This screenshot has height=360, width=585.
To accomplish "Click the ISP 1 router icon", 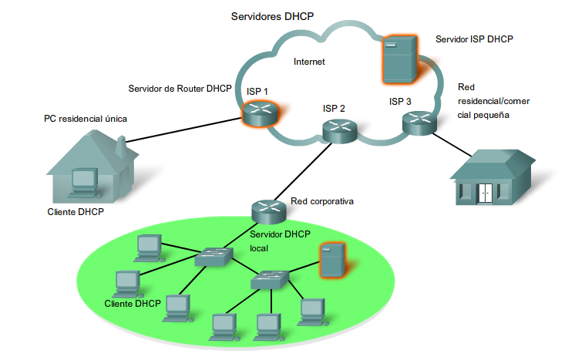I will [257, 113].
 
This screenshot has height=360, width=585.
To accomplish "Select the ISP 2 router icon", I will [339, 130].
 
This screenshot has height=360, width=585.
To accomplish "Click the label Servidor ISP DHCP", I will [474, 38].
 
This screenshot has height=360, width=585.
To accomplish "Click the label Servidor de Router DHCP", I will [180, 89].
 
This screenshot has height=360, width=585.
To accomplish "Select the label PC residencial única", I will [85, 119].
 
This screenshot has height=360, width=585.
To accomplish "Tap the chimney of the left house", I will [120, 144].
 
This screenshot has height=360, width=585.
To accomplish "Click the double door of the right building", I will [485, 193].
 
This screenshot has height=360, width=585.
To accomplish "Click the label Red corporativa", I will [321, 202].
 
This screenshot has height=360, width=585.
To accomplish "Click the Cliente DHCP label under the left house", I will [76, 212].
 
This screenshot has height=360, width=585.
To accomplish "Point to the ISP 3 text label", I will [400, 102].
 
